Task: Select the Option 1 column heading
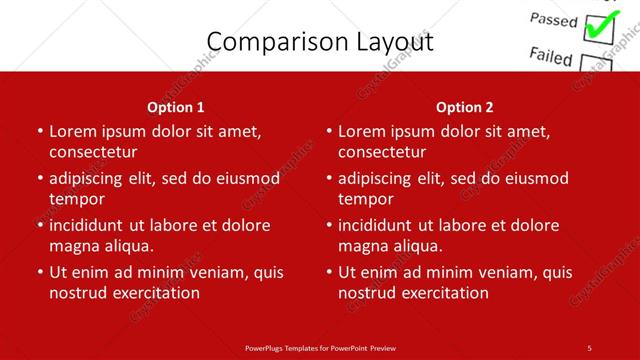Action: coord(176,107)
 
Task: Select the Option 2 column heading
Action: coord(465,107)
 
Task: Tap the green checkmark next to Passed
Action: coord(600,27)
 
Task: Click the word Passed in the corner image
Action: coord(552,20)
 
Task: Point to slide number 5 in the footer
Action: coord(590,347)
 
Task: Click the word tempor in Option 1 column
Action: coord(77,199)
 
